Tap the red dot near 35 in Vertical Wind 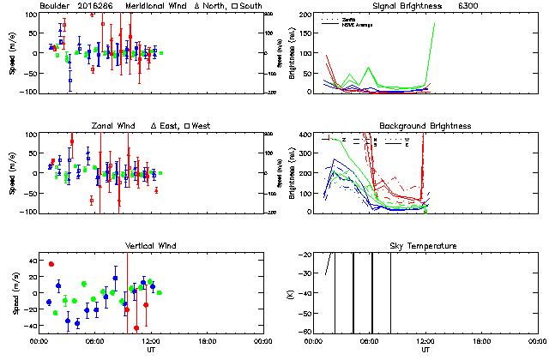(x=51, y=264)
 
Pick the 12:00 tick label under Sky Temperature (x=425, y=341)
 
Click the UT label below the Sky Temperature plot (x=425, y=351)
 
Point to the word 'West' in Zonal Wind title (x=203, y=126)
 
